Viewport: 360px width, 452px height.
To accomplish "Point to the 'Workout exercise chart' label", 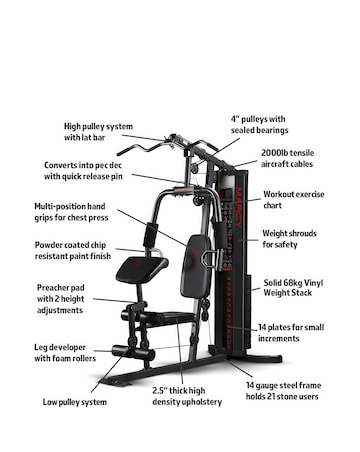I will click(x=291, y=201).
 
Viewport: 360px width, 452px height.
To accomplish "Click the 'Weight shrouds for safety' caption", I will click(x=291, y=239).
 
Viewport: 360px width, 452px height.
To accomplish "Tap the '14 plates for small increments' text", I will click(x=291, y=333).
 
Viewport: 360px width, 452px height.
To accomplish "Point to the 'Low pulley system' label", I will click(x=75, y=402).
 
